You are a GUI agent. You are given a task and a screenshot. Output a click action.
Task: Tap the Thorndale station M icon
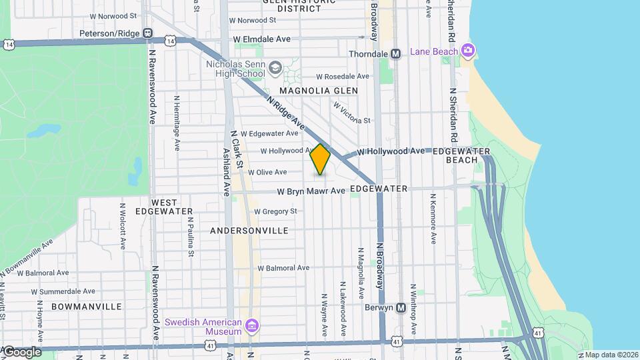395,54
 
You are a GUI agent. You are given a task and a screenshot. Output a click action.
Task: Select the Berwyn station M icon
401,308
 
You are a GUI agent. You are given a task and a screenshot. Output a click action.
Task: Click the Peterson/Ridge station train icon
147,33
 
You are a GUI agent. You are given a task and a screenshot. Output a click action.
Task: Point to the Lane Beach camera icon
469,51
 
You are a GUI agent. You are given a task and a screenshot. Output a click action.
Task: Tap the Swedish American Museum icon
252,326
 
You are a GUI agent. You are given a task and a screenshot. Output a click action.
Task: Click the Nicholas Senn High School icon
275,68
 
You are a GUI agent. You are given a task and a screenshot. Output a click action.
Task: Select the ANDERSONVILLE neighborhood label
249,231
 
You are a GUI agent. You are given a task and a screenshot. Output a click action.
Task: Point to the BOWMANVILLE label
87,307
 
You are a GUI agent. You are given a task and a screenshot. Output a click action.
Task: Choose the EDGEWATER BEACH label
455,155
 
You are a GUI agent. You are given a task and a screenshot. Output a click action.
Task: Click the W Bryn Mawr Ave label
311,191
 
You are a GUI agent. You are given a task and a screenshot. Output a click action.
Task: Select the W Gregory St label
275,211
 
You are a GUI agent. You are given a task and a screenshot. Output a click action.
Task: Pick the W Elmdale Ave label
262,39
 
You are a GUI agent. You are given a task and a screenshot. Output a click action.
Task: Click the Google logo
22,352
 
